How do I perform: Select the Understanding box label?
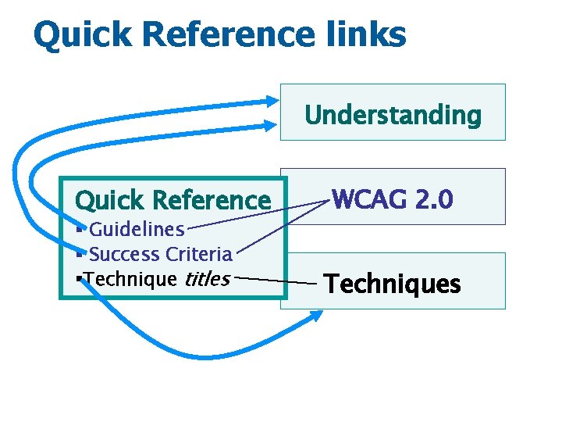[393, 115]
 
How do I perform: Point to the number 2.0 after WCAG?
[433, 200]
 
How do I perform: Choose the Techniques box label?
[393, 283]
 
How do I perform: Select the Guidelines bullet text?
[137, 229]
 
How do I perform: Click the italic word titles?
[207, 279]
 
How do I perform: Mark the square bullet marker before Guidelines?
[81, 229]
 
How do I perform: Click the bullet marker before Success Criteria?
[81, 254]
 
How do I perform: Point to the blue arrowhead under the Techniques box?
[315, 316]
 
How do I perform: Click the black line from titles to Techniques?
[277, 279]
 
